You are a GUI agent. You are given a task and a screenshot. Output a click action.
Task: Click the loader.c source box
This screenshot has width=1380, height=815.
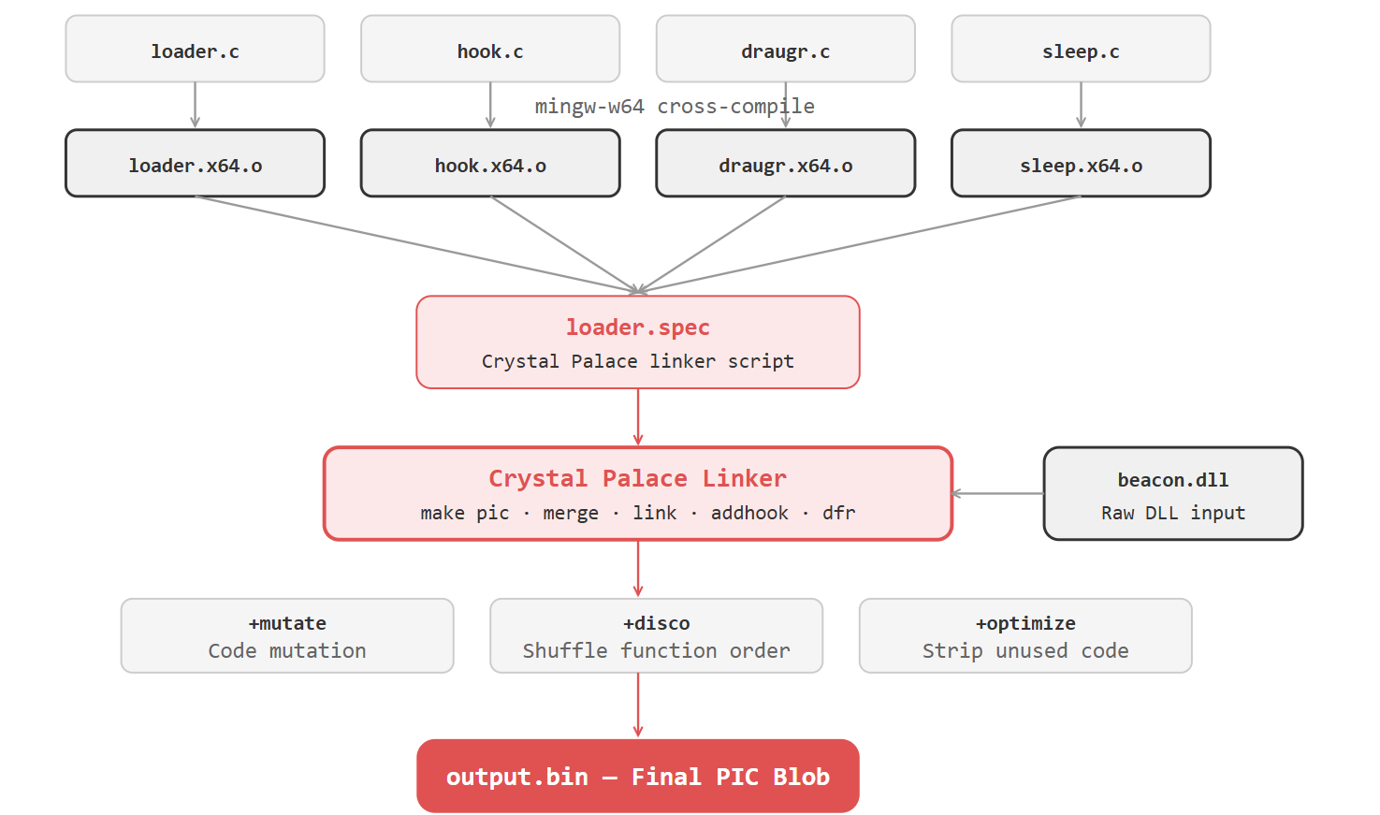[195, 49]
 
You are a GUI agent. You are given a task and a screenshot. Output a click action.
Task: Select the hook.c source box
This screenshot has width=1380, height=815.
[489, 49]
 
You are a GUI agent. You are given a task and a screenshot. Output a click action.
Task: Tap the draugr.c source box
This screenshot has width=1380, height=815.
[785, 49]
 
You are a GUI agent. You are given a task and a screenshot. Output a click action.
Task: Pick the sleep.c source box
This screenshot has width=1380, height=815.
[1081, 49]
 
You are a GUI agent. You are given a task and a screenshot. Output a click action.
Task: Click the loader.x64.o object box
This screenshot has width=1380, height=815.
[195, 164]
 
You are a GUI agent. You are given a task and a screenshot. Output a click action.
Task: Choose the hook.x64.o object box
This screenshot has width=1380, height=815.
[489, 164]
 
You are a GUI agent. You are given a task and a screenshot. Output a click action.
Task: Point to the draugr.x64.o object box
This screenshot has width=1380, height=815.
[785, 164]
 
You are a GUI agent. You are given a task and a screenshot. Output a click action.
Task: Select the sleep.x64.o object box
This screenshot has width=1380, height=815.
[1081, 164]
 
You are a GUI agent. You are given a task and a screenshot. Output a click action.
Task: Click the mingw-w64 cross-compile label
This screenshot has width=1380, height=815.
[674, 107]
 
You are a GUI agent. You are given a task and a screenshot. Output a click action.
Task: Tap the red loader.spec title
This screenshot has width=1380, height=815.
[637, 327]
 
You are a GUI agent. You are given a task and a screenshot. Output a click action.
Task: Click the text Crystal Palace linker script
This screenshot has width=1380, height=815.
[637, 361]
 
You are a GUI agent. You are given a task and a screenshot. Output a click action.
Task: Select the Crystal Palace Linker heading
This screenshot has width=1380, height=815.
[637, 478]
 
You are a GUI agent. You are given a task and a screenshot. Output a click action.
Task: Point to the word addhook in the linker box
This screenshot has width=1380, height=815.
[749, 513]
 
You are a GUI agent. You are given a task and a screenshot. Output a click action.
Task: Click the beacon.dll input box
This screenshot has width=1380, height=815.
[1172, 493]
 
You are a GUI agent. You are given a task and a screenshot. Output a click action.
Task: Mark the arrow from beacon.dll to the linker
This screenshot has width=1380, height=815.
[997, 493]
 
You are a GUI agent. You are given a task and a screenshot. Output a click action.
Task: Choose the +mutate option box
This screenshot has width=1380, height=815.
[287, 636]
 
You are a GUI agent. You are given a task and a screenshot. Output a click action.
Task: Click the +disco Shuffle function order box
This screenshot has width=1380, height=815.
[656, 636]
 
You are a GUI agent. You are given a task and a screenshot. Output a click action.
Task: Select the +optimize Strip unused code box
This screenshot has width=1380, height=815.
[1025, 636]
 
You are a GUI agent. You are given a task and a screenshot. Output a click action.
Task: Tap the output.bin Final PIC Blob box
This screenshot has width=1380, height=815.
[637, 776]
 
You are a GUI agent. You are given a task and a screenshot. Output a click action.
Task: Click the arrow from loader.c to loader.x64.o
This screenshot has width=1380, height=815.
[195, 105]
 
